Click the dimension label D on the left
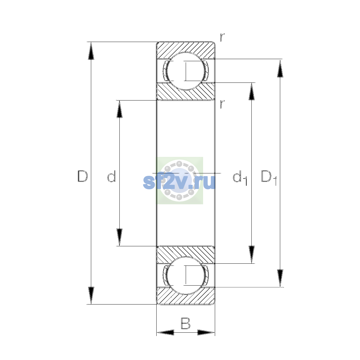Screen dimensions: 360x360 [x=82, y=176]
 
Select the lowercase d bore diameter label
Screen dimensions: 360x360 [x=112, y=176]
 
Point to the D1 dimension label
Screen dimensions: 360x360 [x=268, y=178]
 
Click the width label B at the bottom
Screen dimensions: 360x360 [x=185, y=323]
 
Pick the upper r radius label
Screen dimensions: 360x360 [x=222, y=37]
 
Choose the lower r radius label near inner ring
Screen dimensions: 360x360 [x=222, y=104]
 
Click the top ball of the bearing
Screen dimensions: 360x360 [x=186, y=71]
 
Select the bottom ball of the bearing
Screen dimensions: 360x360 [x=186, y=276]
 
